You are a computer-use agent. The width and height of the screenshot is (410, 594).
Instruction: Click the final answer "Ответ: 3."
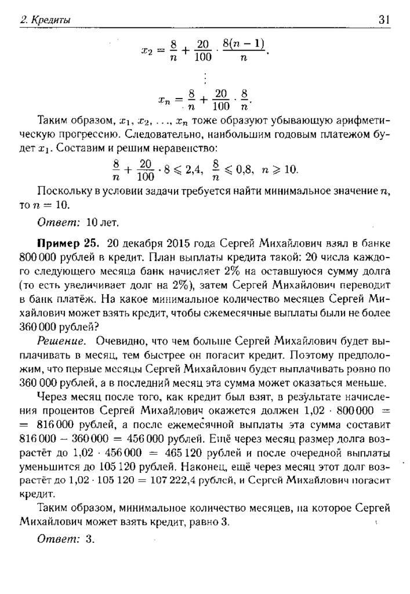point(65,539)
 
